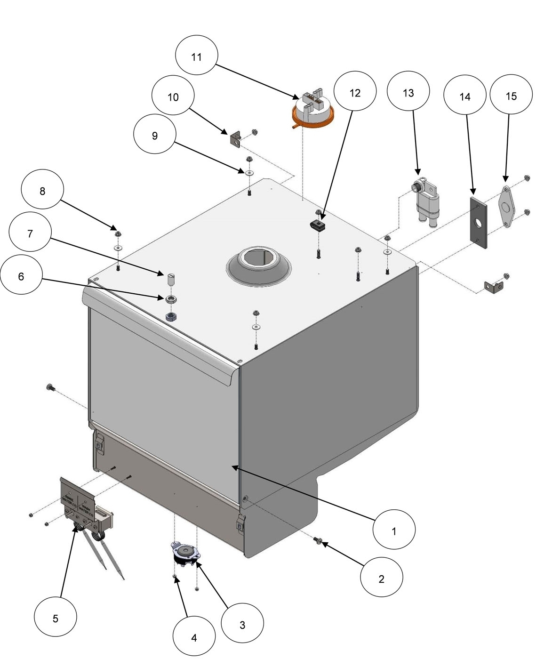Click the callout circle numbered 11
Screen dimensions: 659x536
[196, 56]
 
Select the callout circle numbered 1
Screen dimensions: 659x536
[394, 530]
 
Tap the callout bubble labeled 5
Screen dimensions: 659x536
[56, 618]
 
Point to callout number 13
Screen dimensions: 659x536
[408, 93]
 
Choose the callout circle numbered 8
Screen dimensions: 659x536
[42, 191]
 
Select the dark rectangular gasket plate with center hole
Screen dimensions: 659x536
[478, 222]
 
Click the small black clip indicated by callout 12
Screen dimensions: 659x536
[318, 225]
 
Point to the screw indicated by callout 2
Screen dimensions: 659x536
[318, 542]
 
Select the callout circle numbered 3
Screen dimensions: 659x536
[242, 625]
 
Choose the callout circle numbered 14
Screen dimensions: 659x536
[464, 96]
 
